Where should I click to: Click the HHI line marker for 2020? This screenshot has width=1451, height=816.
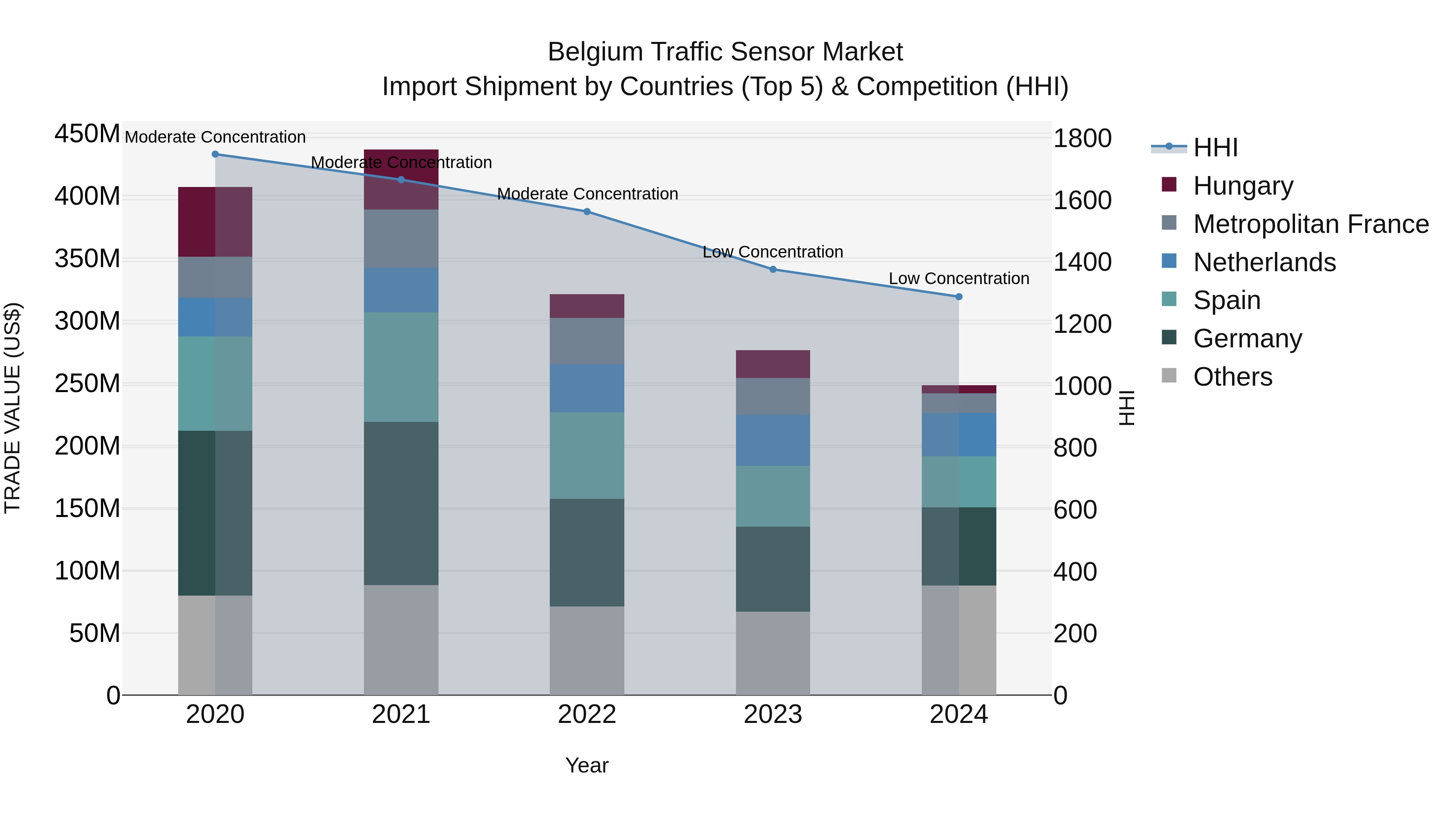coord(215,154)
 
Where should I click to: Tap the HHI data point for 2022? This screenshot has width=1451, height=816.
coord(587,212)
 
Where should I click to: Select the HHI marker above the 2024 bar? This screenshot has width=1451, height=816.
coord(959,297)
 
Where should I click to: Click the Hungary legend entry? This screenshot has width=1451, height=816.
coord(1243,186)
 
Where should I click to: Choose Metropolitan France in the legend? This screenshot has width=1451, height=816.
coord(1310,224)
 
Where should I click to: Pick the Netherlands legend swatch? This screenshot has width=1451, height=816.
coord(1169,261)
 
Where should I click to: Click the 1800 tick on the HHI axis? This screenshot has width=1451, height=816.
coord(1081,139)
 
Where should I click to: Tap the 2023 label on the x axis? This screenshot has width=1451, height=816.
coord(773,714)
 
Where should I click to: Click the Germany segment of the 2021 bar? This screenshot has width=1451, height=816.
coord(401,503)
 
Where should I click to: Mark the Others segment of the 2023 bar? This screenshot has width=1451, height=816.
coord(773,653)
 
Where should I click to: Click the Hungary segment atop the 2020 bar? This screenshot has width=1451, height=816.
coord(215,222)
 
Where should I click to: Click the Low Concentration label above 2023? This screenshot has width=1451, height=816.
coord(773,252)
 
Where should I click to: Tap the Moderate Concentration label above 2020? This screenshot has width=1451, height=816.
coord(215,137)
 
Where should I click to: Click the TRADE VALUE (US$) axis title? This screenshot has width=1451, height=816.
coord(12,408)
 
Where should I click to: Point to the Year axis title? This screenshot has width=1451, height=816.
coord(587,765)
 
